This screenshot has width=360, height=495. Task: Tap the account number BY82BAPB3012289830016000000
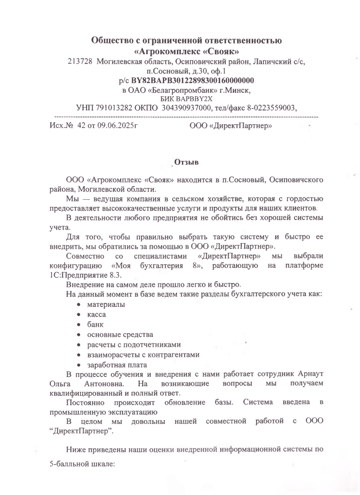(x=193, y=80)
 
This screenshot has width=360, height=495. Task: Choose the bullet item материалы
(x=106, y=305)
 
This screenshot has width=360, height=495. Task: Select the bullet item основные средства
(x=120, y=335)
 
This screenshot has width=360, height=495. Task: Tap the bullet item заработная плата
(x=117, y=364)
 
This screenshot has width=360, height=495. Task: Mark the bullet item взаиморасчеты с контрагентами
(x=143, y=354)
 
